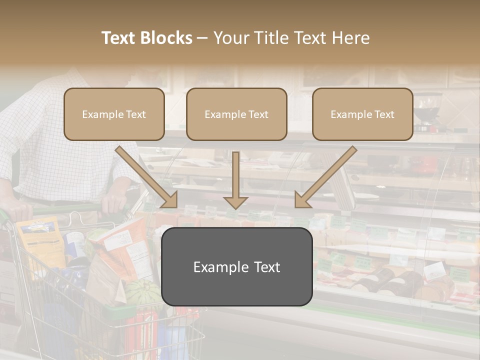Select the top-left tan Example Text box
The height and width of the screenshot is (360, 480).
114,114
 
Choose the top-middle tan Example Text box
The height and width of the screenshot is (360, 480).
236,114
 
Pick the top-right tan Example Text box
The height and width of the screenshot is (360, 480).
362,114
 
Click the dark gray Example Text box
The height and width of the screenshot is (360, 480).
236,266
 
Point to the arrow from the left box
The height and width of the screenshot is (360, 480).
147,177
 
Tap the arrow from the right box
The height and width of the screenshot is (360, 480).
325,177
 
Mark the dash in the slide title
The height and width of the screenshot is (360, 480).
202,38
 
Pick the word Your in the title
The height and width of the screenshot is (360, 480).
229,38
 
